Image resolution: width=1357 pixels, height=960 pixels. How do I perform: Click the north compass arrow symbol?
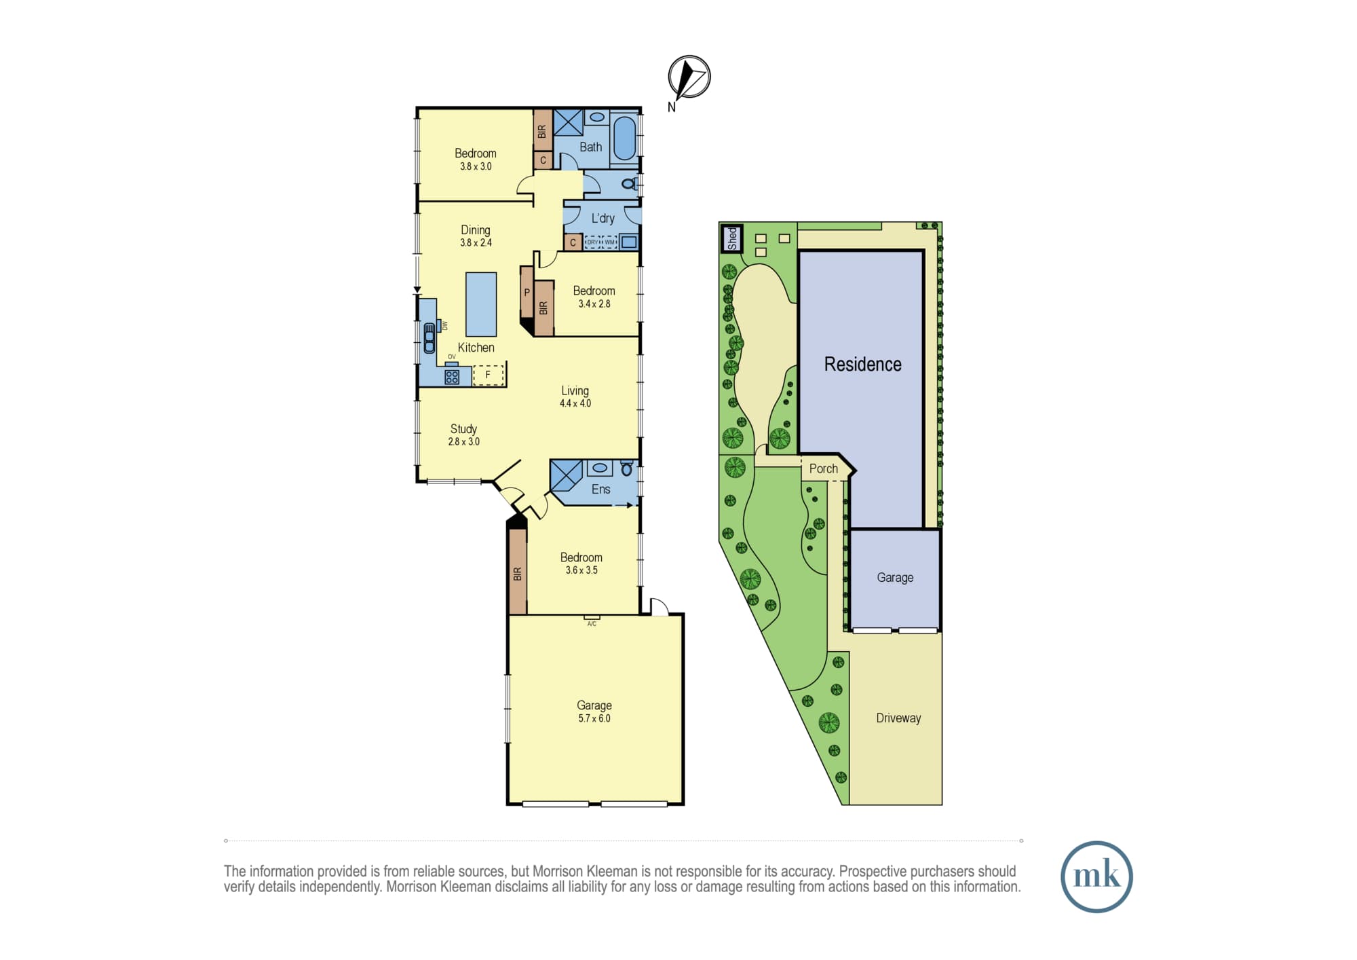(x=689, y=77)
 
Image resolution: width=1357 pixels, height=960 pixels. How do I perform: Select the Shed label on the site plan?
(x=731, y=239)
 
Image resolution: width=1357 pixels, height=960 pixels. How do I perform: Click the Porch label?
(x=824, y=468)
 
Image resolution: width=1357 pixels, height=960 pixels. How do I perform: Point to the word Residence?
(x=863, y=365)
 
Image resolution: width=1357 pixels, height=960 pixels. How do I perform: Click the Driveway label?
(x=898, y=718)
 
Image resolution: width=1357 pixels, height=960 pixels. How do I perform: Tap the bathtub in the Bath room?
(x=625, y=138)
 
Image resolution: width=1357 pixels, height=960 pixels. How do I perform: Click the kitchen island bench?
(x=481, y=304)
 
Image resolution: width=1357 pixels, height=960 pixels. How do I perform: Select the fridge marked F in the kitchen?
(x=488, y=375)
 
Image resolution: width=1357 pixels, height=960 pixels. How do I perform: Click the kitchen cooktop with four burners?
(x=452, y=377)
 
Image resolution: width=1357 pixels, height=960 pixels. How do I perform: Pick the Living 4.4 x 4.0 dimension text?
(x=575, y=403)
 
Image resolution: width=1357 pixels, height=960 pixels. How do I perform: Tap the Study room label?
(x=463, y=429)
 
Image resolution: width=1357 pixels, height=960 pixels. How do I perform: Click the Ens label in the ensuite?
(x=600, y=490)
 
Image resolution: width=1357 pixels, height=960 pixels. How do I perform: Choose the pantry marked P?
(x=527, y=293)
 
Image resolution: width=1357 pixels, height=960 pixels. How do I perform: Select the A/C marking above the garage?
(x=592, y=624)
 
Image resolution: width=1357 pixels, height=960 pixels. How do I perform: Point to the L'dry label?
(x=603, y=219)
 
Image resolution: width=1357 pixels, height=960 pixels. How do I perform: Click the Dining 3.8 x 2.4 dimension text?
(x=476, y=242)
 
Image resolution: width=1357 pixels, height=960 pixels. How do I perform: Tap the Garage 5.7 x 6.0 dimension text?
(x=594, y=718)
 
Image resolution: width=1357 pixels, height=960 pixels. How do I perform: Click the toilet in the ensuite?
(x=626, y=468)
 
